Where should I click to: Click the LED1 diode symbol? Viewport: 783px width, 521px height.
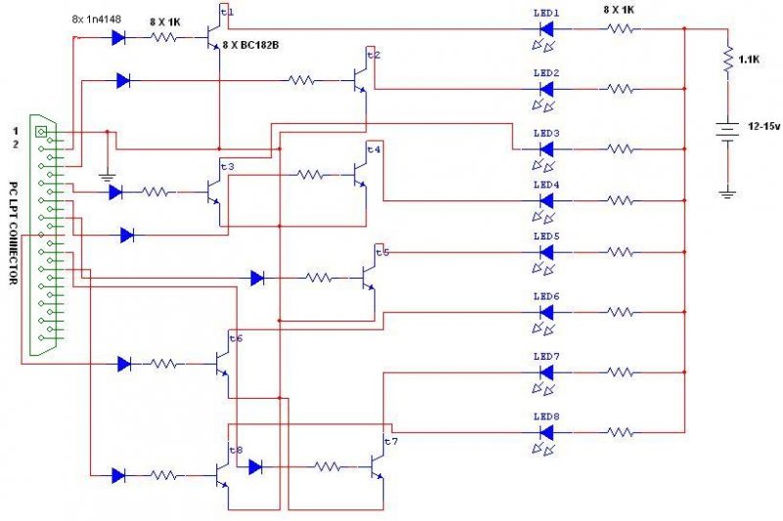point(547,29)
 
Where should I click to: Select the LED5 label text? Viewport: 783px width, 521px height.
point(546,237)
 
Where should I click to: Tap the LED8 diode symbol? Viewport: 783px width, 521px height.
point(547,433)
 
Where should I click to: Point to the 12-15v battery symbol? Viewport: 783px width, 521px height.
point(727,132)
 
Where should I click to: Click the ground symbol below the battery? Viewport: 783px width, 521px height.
point(727,194)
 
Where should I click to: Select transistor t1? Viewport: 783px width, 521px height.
point(214,36)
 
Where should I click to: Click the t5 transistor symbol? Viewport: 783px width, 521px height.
point(369,278)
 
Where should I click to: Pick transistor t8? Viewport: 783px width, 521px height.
point(223,475)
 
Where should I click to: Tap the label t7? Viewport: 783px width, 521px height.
point(391,441)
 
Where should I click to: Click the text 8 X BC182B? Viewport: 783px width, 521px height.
point(251,45)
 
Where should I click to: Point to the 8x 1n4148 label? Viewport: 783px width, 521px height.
point(96,20)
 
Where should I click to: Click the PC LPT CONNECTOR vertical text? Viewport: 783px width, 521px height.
point(14,233)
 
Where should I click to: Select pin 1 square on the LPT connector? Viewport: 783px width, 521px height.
point(41,132)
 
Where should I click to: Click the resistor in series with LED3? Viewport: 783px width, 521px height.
point(621,149)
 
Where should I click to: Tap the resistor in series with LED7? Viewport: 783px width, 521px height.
point(621,371)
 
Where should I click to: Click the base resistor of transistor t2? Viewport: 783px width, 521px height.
point(301,80)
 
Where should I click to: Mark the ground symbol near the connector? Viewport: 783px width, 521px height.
point(107,177)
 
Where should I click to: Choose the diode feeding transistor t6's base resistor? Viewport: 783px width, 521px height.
point(124,364)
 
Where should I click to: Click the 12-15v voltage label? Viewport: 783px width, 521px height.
point(763,127)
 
